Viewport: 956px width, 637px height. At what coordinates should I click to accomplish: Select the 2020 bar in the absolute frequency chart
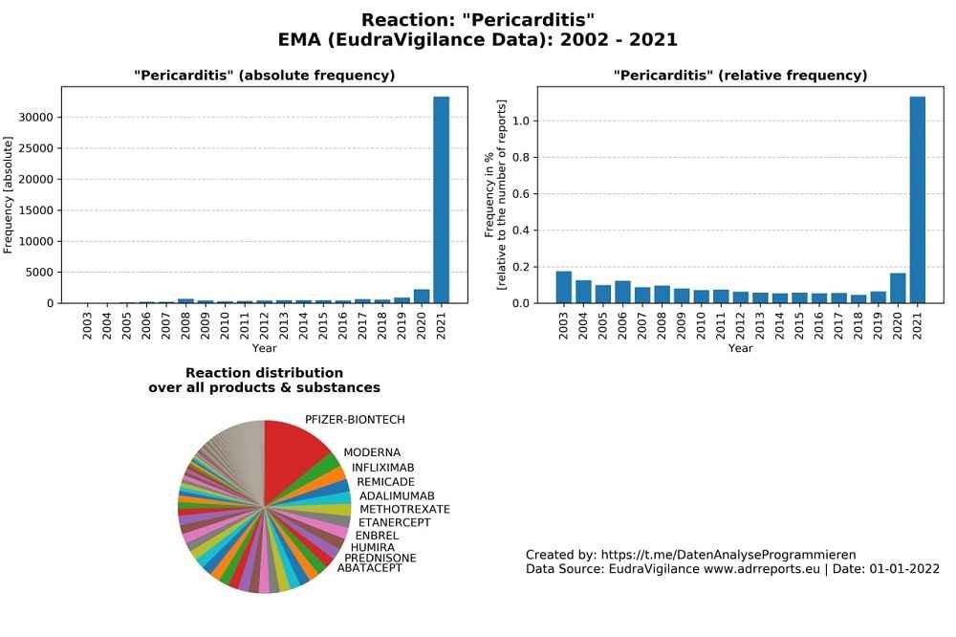tap(422, 297)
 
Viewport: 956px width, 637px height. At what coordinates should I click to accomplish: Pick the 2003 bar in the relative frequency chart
tap(564, 288)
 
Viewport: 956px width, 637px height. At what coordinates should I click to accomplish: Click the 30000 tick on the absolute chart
tap(37, 118)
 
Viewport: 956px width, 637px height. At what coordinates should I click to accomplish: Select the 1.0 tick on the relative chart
tap(520, 121)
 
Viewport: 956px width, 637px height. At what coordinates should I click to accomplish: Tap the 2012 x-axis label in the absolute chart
tap(264, 326)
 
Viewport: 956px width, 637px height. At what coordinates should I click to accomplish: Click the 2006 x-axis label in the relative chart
tap(622, 326)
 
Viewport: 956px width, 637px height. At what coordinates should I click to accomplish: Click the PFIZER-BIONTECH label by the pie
tap(355, 420)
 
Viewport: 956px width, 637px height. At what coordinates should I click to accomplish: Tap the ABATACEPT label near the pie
tap(370, 568)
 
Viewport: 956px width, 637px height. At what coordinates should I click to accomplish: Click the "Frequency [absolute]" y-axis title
tap(9, 195)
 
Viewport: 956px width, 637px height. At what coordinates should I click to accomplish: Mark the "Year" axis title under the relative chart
tap(740, 348)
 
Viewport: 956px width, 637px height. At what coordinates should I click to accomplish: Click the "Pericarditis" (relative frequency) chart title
tap(740, 76)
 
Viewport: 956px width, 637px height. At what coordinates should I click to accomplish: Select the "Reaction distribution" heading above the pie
tap(264, 373)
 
